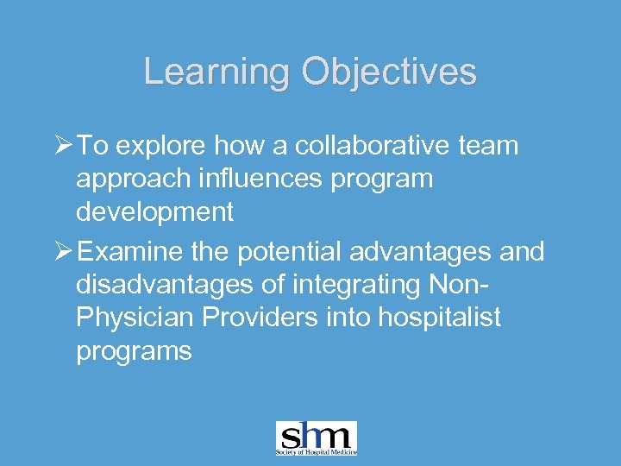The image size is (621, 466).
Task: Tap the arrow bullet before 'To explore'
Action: point(63,146)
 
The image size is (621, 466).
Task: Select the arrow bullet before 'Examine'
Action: point(63,252)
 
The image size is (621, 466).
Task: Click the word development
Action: point(155,212)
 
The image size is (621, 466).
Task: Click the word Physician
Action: point(133,318)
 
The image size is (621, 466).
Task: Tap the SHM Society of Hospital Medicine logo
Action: point(316,438)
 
